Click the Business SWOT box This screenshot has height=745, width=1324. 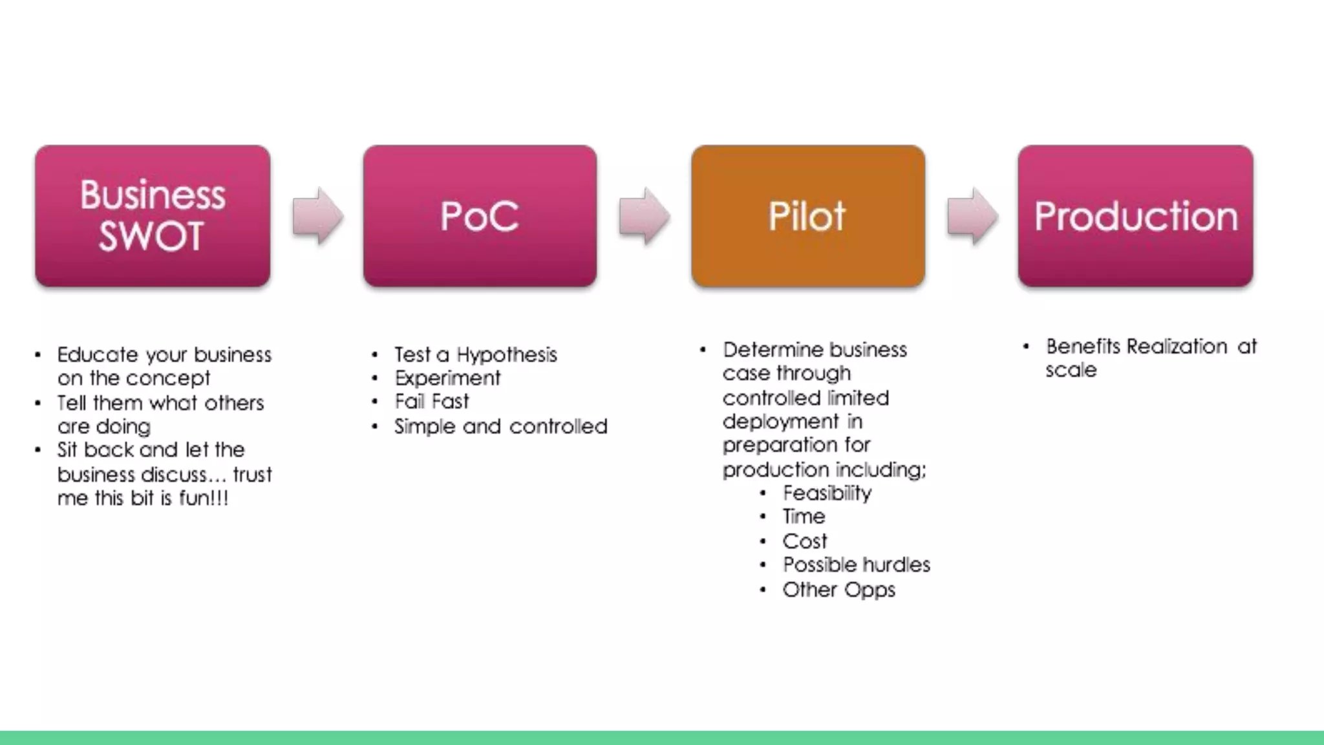click(x=153, y=215)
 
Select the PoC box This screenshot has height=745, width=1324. click(x=480, y=215)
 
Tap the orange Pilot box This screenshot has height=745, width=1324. click(x=807, y=215)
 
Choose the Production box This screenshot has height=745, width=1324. click(x=1135, y=215)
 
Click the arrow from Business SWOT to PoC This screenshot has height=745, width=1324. click(x=317, y=217)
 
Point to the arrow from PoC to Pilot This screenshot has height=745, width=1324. click(x=644, y=217)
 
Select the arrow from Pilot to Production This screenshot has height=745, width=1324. click(x=972, y=217)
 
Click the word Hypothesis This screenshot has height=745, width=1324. click(x=507, y=355)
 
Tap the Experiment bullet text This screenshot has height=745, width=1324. click(x=447, y=378)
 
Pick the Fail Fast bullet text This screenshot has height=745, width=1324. click(x=432, y=402)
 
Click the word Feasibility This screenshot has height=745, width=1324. click(x=827, y=493)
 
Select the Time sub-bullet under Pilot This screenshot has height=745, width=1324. click(x=804, y=517)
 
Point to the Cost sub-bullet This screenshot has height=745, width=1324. click(x=804, y=541)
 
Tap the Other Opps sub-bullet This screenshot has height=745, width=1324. click(x=838, y=590)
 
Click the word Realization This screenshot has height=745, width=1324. click(x=1177, y=347)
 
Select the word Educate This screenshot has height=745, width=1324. click(x=98, y=355)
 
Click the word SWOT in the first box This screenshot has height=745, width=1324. click(x=151, y=236)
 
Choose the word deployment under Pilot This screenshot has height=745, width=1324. click(x=780, y=422)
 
